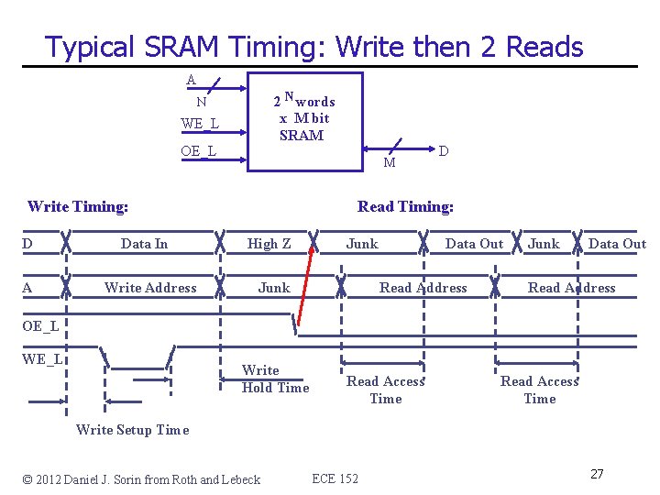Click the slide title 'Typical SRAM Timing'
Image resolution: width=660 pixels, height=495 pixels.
click(x=313, y=46)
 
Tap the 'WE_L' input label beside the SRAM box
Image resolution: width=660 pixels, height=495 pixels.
click(x=199, y=123)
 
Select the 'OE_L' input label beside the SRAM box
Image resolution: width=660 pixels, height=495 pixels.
click(x=198, y=150)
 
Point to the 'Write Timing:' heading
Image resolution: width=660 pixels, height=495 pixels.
click(x=78, y=206)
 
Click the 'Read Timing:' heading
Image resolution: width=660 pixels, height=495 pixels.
click(x=405, y=206)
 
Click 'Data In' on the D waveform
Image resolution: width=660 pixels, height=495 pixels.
click(x=144, y=243)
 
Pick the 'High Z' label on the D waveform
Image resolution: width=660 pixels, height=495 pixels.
click(x=269, y=243)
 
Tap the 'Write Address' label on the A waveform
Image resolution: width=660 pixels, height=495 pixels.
click(x=150, y=287)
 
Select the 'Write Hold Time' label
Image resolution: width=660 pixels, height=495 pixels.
click(x=275, y=379)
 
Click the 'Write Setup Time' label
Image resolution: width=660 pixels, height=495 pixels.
click(x=132, y=429)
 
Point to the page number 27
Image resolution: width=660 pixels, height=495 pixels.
click(x=597, y=474)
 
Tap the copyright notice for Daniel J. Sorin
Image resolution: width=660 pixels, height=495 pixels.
click(x=141, y=478)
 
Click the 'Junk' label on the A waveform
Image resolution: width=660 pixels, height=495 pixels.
click(x=273, y=287)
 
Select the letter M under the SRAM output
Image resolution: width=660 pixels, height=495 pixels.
click(x=390, y=163)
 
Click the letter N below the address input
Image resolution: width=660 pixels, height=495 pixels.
click(x=201, y=102)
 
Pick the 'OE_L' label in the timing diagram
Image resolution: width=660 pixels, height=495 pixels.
click(x=40, y=325)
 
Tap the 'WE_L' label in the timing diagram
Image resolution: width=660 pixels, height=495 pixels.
click(x=42, y=358)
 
